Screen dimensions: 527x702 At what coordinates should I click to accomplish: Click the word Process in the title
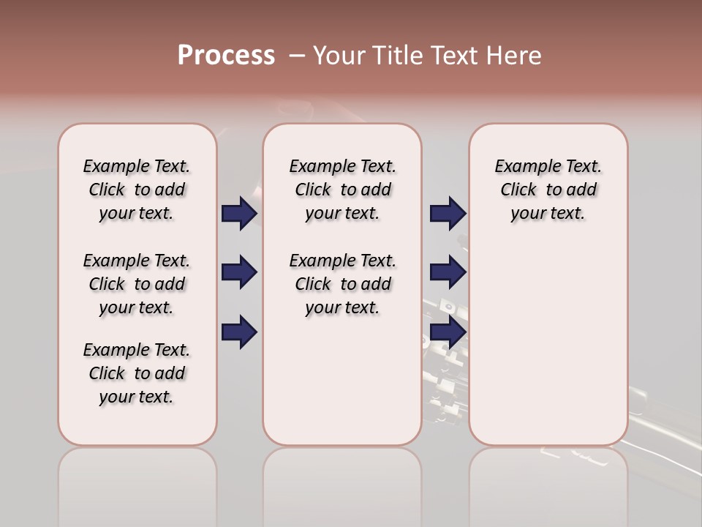click(226, 55)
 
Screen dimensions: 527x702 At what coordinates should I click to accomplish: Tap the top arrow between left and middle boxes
click(239, 214)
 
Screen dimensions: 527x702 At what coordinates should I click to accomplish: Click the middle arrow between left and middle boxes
click(239, 273)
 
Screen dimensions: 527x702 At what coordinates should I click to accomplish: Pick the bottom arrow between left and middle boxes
click(239, 332)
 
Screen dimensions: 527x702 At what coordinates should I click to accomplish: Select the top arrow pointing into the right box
click(448, 214)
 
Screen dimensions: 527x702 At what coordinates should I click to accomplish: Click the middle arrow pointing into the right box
click(448, 273)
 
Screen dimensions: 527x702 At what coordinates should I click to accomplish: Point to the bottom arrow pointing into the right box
click(448, 332)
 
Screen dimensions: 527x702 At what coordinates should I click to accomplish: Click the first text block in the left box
click(137, 190)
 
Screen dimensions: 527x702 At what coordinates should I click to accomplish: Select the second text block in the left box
click(137, 284)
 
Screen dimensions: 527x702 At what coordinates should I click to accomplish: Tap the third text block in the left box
click(137, 373)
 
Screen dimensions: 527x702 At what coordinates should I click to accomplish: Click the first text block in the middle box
click(342, 190)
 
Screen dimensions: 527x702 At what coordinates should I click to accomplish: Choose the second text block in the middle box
click(342, 284)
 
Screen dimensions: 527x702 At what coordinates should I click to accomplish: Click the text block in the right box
click(548, 190)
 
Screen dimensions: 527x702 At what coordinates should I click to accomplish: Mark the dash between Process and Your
click(297, 56)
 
